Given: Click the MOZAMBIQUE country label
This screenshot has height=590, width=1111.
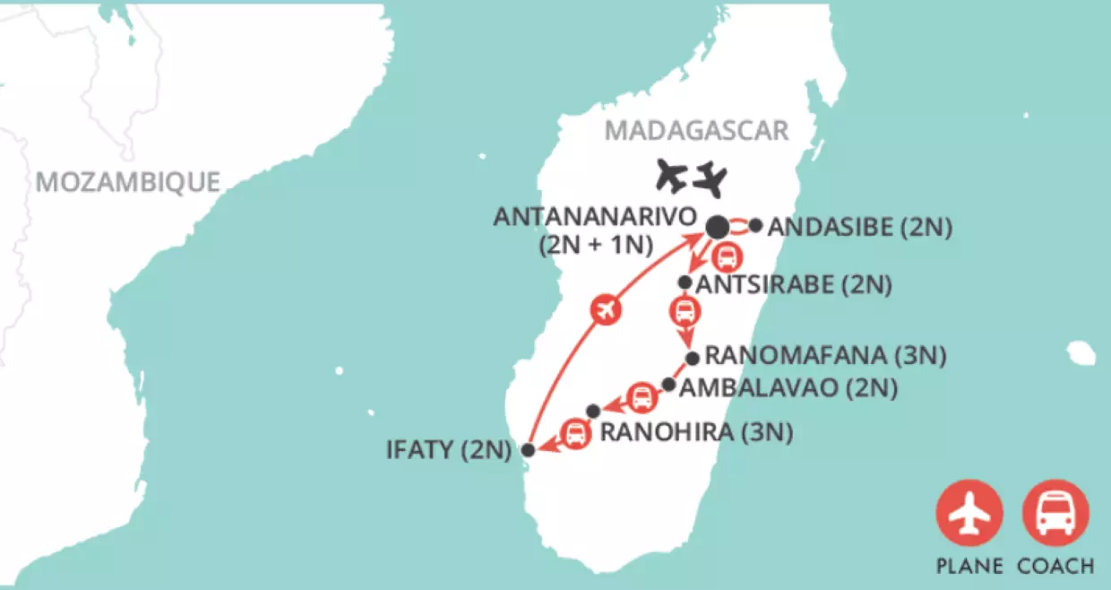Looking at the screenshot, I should (127, 182).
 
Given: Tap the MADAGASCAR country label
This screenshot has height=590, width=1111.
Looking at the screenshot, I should (696, 131).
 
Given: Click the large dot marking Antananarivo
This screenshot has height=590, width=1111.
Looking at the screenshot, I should (718, 228).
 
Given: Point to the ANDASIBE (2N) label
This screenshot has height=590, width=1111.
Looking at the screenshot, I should (859, 228).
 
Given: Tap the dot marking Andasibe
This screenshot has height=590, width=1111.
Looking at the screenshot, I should (755, 226).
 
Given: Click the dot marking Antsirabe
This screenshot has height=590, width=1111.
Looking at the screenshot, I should (685, 282).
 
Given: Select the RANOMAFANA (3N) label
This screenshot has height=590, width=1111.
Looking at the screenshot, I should (825, 355).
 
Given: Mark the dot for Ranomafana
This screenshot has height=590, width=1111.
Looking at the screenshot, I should (692, 359).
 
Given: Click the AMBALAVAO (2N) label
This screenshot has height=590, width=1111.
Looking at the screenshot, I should (788, 388).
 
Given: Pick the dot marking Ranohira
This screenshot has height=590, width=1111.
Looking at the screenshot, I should (592, 411).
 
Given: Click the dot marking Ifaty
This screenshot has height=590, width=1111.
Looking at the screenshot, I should (529, 450).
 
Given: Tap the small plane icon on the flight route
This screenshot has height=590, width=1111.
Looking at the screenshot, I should (606, 310).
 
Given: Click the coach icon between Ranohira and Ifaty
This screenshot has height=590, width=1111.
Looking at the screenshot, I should (574, 434).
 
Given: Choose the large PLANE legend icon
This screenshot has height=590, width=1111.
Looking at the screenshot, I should (969, 514).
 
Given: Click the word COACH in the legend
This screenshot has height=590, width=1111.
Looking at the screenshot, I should (1055, 567).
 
